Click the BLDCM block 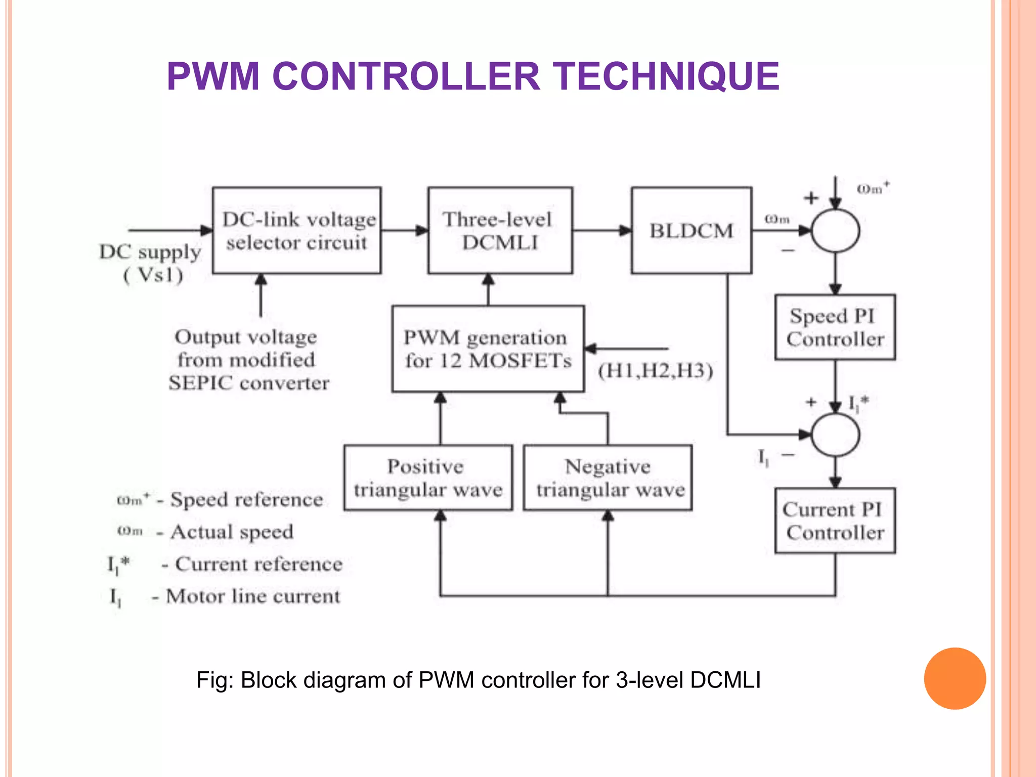pyautogui.click(x=691, y=231)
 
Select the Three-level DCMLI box pyautogui.click(x=500, y=231)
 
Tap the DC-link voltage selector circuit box pyautogui.click(x=297, y=231)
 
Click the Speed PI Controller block pyautogui.click(x=835, y=327)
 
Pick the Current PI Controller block pyautogui.click(x=835, y=521)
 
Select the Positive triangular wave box pyautogui.click(x=428, y=478)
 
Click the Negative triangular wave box pyautogui.click(x=608, y=478)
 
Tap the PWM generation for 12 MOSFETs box pyautogui.click(x=488, y=349)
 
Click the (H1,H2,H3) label pyautogui.click(x=656, y=371)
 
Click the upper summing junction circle pyautogui.click(x=835, y=231)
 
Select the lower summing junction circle pyautogui.click(x=835, y=435)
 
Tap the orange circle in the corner pyautogui.click(x=955, y=678)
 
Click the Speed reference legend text pyautogui.click(x=246, y=500)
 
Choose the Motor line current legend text pyautogui.click(x=253, y=596)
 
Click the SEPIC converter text pyautogui.click(x=248, y=383)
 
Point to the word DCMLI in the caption pyautogui.click(x=725, y=680)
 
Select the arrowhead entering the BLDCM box pyautogui.click(x=626, y=231)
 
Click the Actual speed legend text pyautogui.click(x=232, y=532)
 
